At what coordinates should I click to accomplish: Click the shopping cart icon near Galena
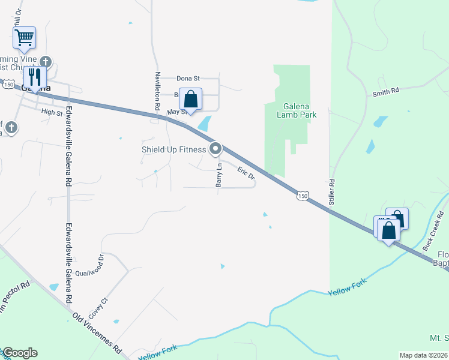tap(24, 38)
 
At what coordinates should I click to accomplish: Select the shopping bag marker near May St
tap(190, 100)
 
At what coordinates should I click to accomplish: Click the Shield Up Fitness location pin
tap(215, 149)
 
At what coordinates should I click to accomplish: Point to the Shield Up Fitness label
tap(173, 149)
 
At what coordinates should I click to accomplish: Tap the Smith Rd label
tap(385, 92)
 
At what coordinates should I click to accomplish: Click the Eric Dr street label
tap(246, 173)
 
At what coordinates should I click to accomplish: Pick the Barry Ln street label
tap(220, 175)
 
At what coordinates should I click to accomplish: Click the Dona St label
tap(188, 78)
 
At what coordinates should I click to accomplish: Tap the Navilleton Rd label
tap(157, 90)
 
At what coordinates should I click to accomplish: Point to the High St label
tap(52, 112)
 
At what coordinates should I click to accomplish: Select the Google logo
tap(20, 353)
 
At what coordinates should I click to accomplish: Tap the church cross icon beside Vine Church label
tap(46, 61)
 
